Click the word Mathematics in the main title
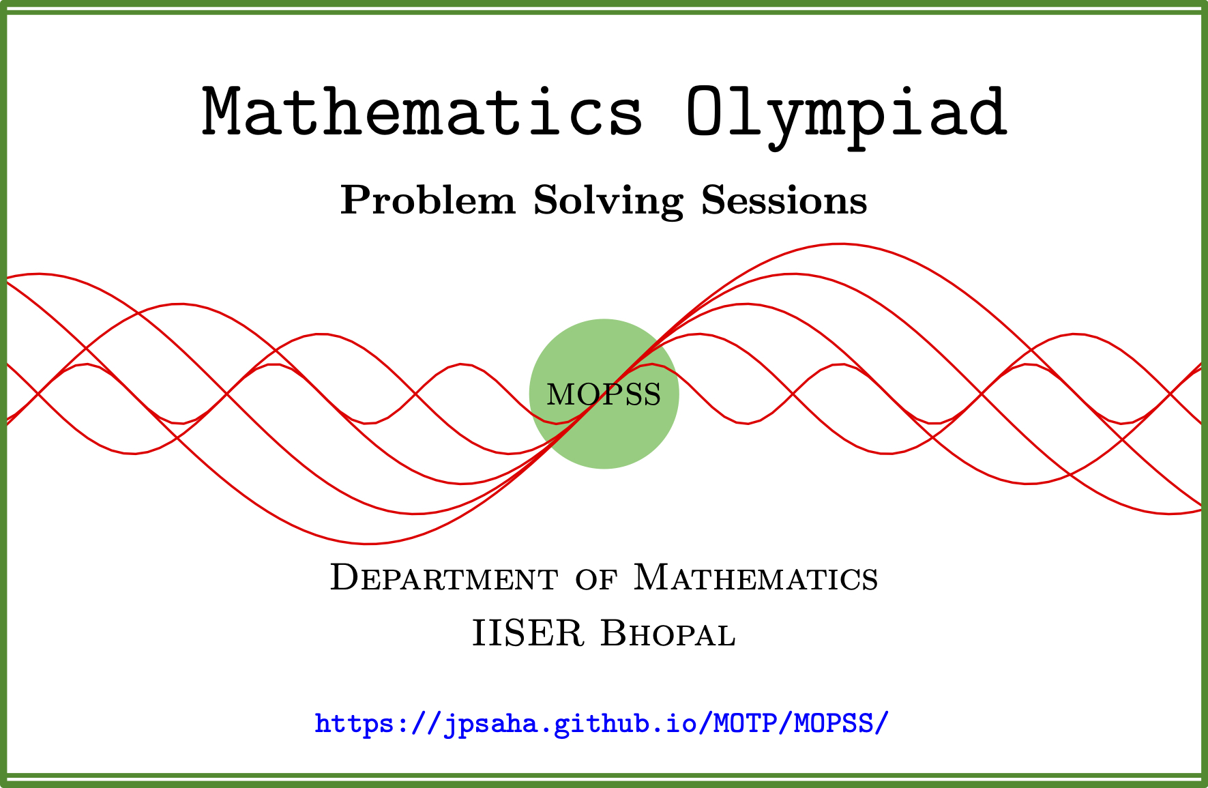[422, 111]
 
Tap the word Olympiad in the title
[846, 117]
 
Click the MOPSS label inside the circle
[604, 394]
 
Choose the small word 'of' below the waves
[596, 579]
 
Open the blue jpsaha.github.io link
[602, 723]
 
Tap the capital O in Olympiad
[707, 111]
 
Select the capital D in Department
[345, 577]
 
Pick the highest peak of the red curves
[840, 244]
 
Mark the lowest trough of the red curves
[368, 544]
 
